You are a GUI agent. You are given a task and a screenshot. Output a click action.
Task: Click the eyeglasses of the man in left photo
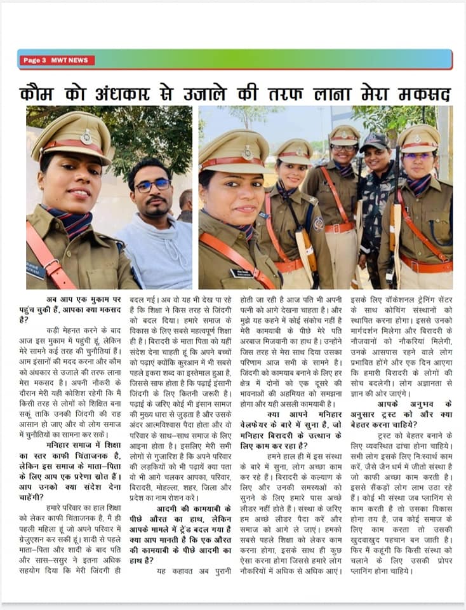coord(152,186)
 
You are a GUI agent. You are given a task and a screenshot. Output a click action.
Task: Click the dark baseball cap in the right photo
coord(374,141)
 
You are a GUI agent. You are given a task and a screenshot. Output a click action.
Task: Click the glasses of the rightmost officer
coord(418,156)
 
